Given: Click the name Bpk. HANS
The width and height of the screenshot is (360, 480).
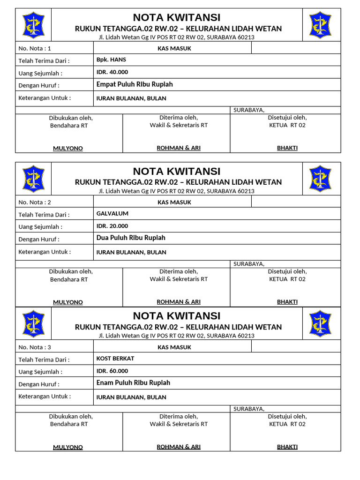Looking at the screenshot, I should coord(111,60).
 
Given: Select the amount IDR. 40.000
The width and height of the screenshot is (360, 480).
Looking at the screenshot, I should coord(112,72).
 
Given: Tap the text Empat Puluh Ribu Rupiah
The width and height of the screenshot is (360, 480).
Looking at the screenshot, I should coord(135,84).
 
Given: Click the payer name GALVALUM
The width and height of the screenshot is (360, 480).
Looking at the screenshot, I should coord(112,214).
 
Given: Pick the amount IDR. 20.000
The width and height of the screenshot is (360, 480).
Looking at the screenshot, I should coord(112,226).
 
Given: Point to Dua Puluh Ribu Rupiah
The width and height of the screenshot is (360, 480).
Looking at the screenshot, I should coord(131,238).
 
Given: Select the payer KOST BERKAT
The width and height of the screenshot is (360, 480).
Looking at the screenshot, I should coord(115,359).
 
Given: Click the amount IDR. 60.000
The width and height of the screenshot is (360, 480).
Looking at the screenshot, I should coord(112,371).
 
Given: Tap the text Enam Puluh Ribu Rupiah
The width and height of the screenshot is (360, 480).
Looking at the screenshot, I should coord(133,383).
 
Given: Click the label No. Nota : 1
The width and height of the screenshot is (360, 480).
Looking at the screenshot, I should coord(35,48).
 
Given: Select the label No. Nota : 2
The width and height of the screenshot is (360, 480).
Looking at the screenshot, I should coord(35,202).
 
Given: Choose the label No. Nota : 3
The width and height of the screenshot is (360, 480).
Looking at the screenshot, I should coord(35,347).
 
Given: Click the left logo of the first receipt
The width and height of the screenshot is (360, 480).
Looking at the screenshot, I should coord(33,25).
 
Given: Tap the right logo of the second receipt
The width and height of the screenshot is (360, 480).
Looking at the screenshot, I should coord(320,179).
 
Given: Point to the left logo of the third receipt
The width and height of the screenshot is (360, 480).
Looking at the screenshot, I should coord(33,323).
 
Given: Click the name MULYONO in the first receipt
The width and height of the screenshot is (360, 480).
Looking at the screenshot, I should coord(68,149).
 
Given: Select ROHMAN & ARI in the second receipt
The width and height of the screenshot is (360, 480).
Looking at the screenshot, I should coord(179,302).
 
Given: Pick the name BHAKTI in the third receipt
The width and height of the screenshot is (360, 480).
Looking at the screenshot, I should coord(287,447).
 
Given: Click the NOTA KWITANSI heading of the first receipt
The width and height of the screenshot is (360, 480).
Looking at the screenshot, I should coord(177,18).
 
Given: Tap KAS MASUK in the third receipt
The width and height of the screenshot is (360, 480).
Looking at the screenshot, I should coord(174,347).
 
